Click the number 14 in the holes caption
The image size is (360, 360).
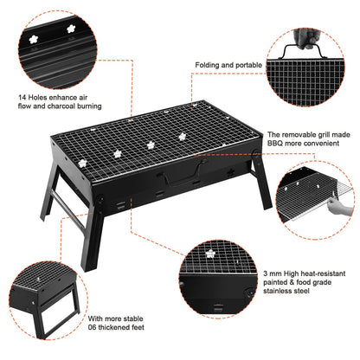(x=22, y=97)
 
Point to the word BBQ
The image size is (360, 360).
(x=275, y=146)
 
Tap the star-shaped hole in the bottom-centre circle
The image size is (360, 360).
(x=210, y=254)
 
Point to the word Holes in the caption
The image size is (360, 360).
(x=42, y=97)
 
